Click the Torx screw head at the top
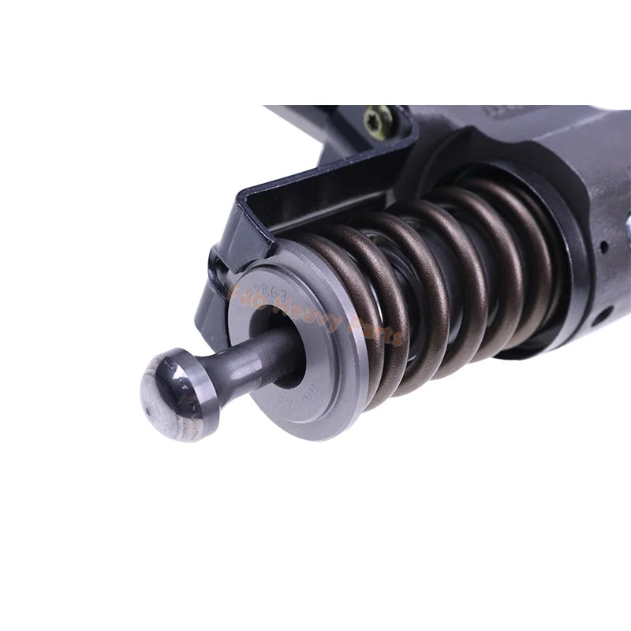click(374, 118)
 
